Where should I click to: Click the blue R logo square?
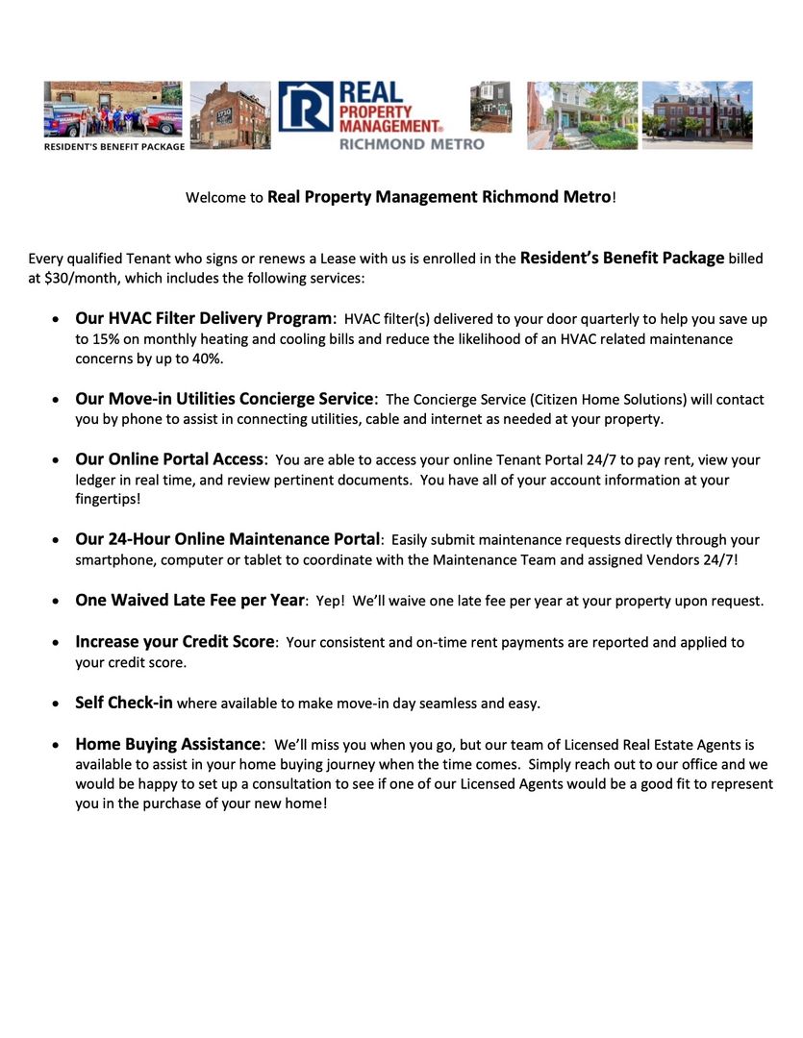[x=306, y=107]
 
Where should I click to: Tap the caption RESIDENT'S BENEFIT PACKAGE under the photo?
[x=113, y=147]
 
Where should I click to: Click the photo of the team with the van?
[x=113, y=109]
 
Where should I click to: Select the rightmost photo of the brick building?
[x=696, y=114]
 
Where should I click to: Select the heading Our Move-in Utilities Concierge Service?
[x=224, y=399]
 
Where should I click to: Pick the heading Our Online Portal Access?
[x=169, y=459]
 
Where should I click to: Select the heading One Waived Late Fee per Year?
[x=189, y=601]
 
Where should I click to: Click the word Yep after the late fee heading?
[x=328, y=602]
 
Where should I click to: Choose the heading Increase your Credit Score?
[x=175, y=642]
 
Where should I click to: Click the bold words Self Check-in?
[x=124, y=703]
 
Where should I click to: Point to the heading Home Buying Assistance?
[x=168, y=744]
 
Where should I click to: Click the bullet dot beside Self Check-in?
[x=56, y=704]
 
